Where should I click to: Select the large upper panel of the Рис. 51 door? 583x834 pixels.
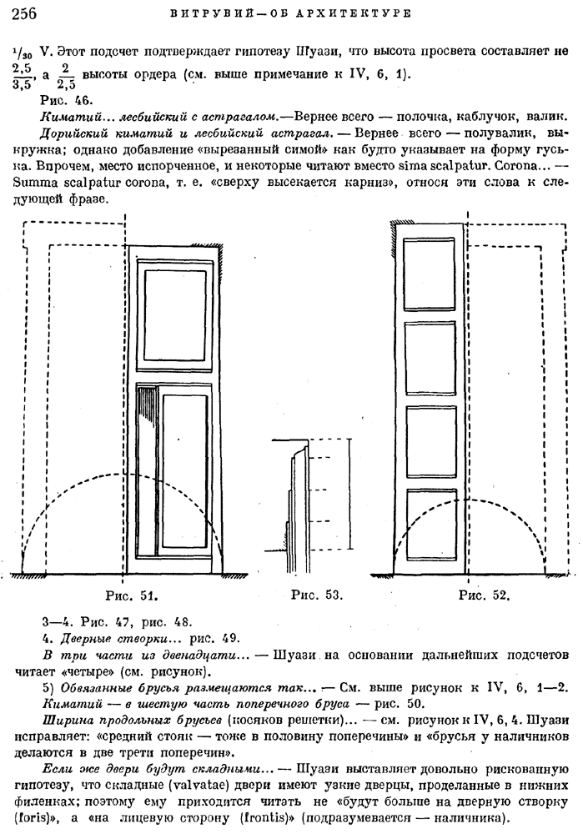[x=175, y=308]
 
